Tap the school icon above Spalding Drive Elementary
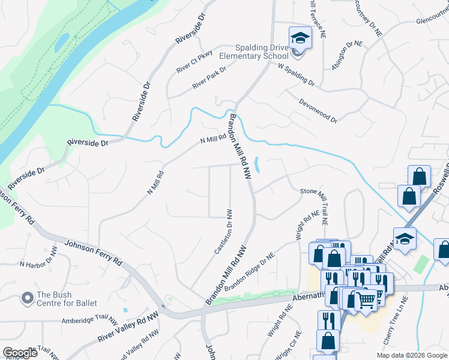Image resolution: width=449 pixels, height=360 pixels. pos(300,38)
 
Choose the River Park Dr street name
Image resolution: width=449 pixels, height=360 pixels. pos(209,79)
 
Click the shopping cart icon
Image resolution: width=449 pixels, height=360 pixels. pos(366,299)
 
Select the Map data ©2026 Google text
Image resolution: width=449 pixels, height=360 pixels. pos(412,355)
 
